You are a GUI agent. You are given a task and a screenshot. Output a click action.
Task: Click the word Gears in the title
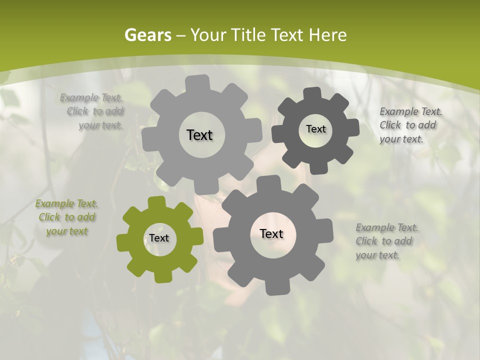coord(148,35)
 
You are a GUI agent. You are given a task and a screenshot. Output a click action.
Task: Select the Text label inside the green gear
coord(159,238)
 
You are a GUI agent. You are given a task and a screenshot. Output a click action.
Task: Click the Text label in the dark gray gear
coord(315,129)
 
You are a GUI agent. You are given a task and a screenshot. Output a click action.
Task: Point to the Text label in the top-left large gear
coord(199,135)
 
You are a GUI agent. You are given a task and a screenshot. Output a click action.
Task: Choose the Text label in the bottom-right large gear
coord(271,233)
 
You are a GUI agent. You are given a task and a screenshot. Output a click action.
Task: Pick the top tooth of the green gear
coord(157,202)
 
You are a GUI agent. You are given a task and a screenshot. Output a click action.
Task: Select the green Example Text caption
coord(67,217)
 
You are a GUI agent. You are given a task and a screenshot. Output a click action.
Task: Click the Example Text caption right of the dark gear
coord(410,125)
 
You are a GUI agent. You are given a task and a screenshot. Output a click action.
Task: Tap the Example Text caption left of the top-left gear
coord(93,111)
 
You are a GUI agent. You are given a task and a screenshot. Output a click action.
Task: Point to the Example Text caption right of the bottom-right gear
coord(386,241)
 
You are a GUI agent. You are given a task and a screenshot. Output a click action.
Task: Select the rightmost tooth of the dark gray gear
coord(353,127)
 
